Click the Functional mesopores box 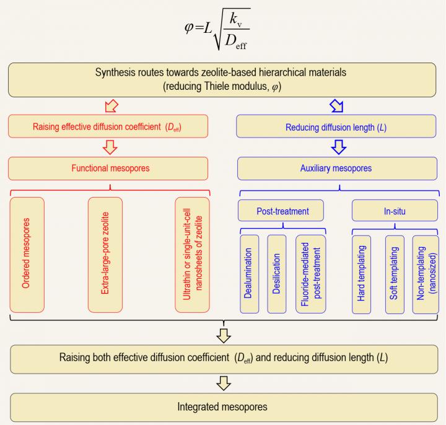[109, 167]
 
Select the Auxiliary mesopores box [338, 167]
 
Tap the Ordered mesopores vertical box [27, 255]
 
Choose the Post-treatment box [282, 211]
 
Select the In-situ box [395, 211]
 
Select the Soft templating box [395, 273]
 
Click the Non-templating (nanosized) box [426, 273]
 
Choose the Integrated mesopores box [222, 408]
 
